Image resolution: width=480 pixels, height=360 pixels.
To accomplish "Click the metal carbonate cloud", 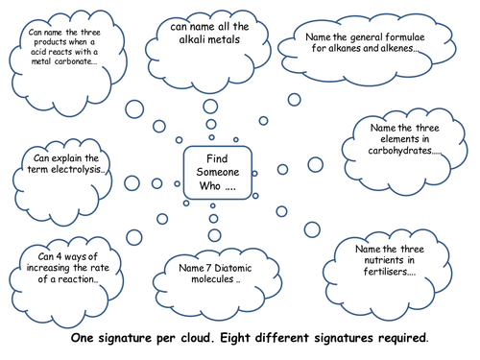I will click(x=66, y=58).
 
